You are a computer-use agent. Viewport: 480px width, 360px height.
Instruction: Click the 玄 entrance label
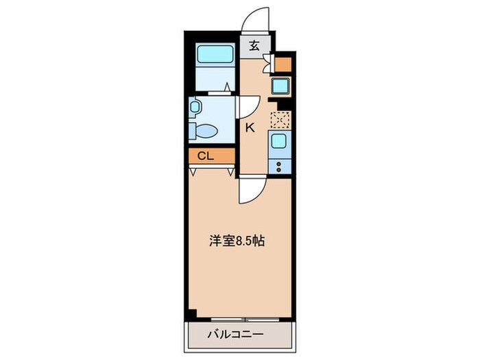coord(254,47)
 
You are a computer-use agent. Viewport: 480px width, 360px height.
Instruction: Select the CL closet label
coord(205,156)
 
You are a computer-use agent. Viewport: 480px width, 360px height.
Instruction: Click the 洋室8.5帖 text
coord(236,241)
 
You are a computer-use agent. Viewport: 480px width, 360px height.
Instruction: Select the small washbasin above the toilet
coord(195,107)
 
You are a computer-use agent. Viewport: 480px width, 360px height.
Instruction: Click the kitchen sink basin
coord(280,141)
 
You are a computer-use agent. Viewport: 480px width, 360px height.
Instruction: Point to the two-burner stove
coord(280,165)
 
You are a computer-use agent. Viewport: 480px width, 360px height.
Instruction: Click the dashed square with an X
coord(280,119)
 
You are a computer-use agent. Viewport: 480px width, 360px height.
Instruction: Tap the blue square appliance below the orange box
coord(281,88)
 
